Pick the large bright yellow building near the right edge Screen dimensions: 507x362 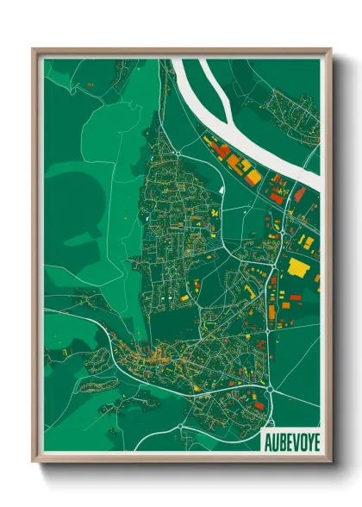298,266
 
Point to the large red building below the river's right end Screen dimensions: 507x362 299,195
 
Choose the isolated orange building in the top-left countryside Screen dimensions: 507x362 90,86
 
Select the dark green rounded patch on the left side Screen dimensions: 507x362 69,207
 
